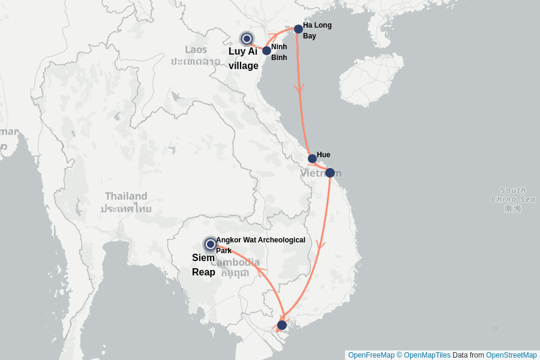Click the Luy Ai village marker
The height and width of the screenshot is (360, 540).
tap(246, 38)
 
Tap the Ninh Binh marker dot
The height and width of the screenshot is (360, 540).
tap(266, 50)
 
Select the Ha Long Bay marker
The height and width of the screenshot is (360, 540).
tap(298, 29)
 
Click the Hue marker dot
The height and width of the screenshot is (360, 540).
tap(312, 159)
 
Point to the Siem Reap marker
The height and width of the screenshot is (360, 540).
tap(210, 244)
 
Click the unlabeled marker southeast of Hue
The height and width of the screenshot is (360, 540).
tap(329, 173)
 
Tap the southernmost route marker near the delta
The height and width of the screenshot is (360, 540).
tap(282, 325)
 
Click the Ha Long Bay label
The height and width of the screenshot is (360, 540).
tap(317, 31)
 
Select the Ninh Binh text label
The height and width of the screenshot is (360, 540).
tap(279, 52)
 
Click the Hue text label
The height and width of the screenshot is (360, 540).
tap(323, 155)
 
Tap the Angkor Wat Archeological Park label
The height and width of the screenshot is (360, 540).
tap(260, 245)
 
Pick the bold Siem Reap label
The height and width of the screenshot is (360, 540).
tap(203, 265)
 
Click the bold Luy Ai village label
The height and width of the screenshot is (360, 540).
tap(243, 58)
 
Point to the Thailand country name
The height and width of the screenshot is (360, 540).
tap(126, 196)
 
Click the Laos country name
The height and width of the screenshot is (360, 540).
tap(196, 49)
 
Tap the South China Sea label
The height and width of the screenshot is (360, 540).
tap(513, 195)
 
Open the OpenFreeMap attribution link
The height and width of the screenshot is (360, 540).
tap(371, 355)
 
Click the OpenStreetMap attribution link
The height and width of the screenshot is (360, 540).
tap(511, 355)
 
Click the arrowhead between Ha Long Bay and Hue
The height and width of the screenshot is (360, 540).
tap(299, 88)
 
